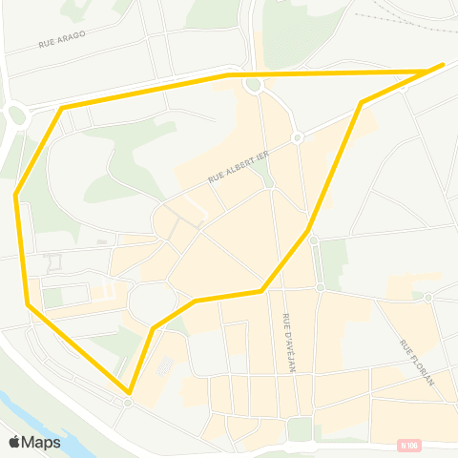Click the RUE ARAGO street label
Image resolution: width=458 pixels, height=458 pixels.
coord(63,38)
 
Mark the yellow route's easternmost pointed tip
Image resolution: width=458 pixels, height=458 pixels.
coord(444,64)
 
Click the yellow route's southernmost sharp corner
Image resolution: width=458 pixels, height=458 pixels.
coord(128,391)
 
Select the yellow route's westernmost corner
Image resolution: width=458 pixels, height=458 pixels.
coord(16,196)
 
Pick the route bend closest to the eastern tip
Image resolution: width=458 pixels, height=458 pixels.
coord(361,102)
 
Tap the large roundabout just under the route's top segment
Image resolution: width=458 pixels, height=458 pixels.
coord(253,86)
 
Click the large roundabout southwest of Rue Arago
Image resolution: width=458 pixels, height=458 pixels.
coord(16,117)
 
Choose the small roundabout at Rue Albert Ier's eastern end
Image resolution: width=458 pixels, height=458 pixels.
coord(298,138)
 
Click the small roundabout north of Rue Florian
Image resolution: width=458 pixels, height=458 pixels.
coord(429,298)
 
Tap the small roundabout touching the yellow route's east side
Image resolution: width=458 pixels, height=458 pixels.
coord(313,239)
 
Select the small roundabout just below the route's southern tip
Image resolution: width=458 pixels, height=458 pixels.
coord(128,403)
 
